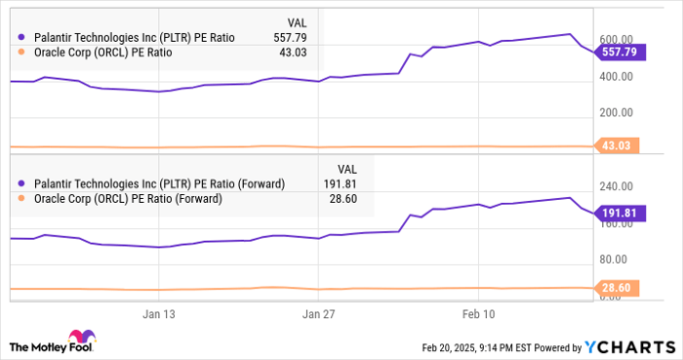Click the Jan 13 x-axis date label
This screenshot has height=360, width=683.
pos(158,314)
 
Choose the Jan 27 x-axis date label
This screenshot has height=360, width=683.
pos(318,314)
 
